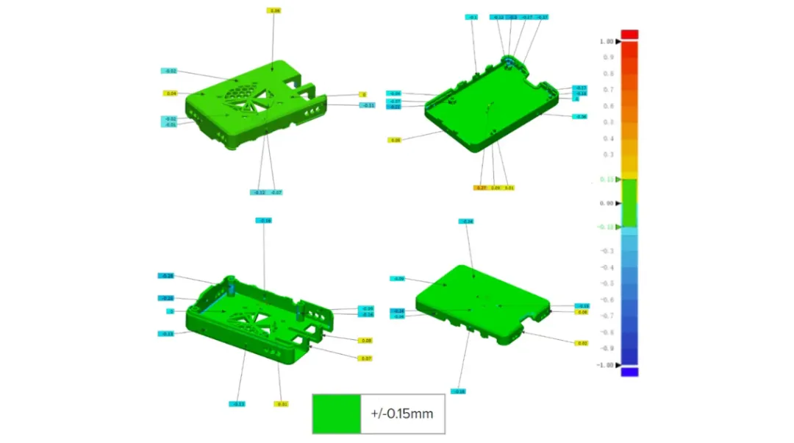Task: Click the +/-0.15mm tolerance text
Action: [402, 414]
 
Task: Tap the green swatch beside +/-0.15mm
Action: [336, 414]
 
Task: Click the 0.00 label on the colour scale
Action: [607, 203]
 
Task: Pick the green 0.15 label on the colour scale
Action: [607, 180]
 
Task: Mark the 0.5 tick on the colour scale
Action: [609, 122]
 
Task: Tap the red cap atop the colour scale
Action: [629, 34]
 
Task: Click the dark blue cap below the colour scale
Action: [629, 372]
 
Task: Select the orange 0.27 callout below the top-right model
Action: [481, 188]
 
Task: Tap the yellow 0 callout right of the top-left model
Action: [362, 94]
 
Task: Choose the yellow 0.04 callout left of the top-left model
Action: [171, 93]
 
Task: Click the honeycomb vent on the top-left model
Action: [240, 93]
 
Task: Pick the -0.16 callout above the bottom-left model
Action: [264, 220]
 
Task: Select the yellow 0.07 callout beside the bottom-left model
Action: [365, 358]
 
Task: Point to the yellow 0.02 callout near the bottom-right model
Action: [582, 343]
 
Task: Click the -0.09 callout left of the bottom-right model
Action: [398, 278]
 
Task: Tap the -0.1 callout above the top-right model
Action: [473, 16]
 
